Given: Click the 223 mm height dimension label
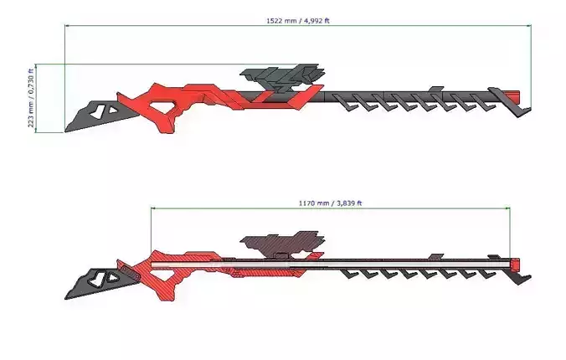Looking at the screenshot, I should pos(32,98).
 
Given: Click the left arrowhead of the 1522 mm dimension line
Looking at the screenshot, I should pos(68,28).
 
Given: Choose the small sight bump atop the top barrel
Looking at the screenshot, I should pos(435,88).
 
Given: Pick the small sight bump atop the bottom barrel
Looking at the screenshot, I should pos(435,255).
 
